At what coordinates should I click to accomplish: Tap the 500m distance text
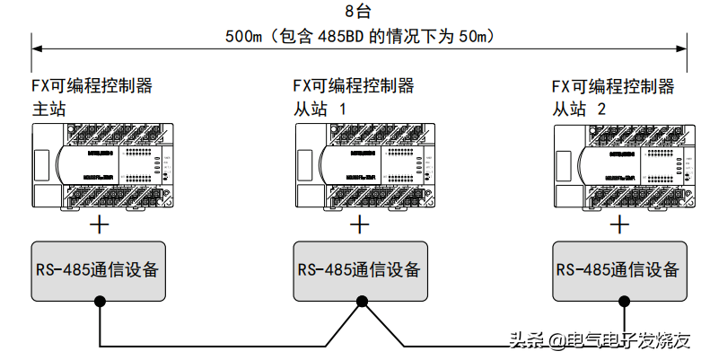[359, 38]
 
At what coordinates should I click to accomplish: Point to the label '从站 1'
[320, 109]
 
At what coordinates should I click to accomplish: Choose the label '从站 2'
[578, 109]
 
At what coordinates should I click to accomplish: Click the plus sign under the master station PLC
[101, 224]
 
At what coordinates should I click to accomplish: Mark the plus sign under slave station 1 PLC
[360, 224]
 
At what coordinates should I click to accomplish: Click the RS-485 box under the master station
[99, 270]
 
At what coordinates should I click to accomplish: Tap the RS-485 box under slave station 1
[359, 270]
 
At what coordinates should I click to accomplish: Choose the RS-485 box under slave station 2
[617, 270]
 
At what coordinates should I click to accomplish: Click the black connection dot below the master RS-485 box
[99, 303]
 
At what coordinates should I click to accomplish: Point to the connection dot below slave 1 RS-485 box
[360, 303]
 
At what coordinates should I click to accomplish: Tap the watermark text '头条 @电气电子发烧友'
[600, 340]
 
